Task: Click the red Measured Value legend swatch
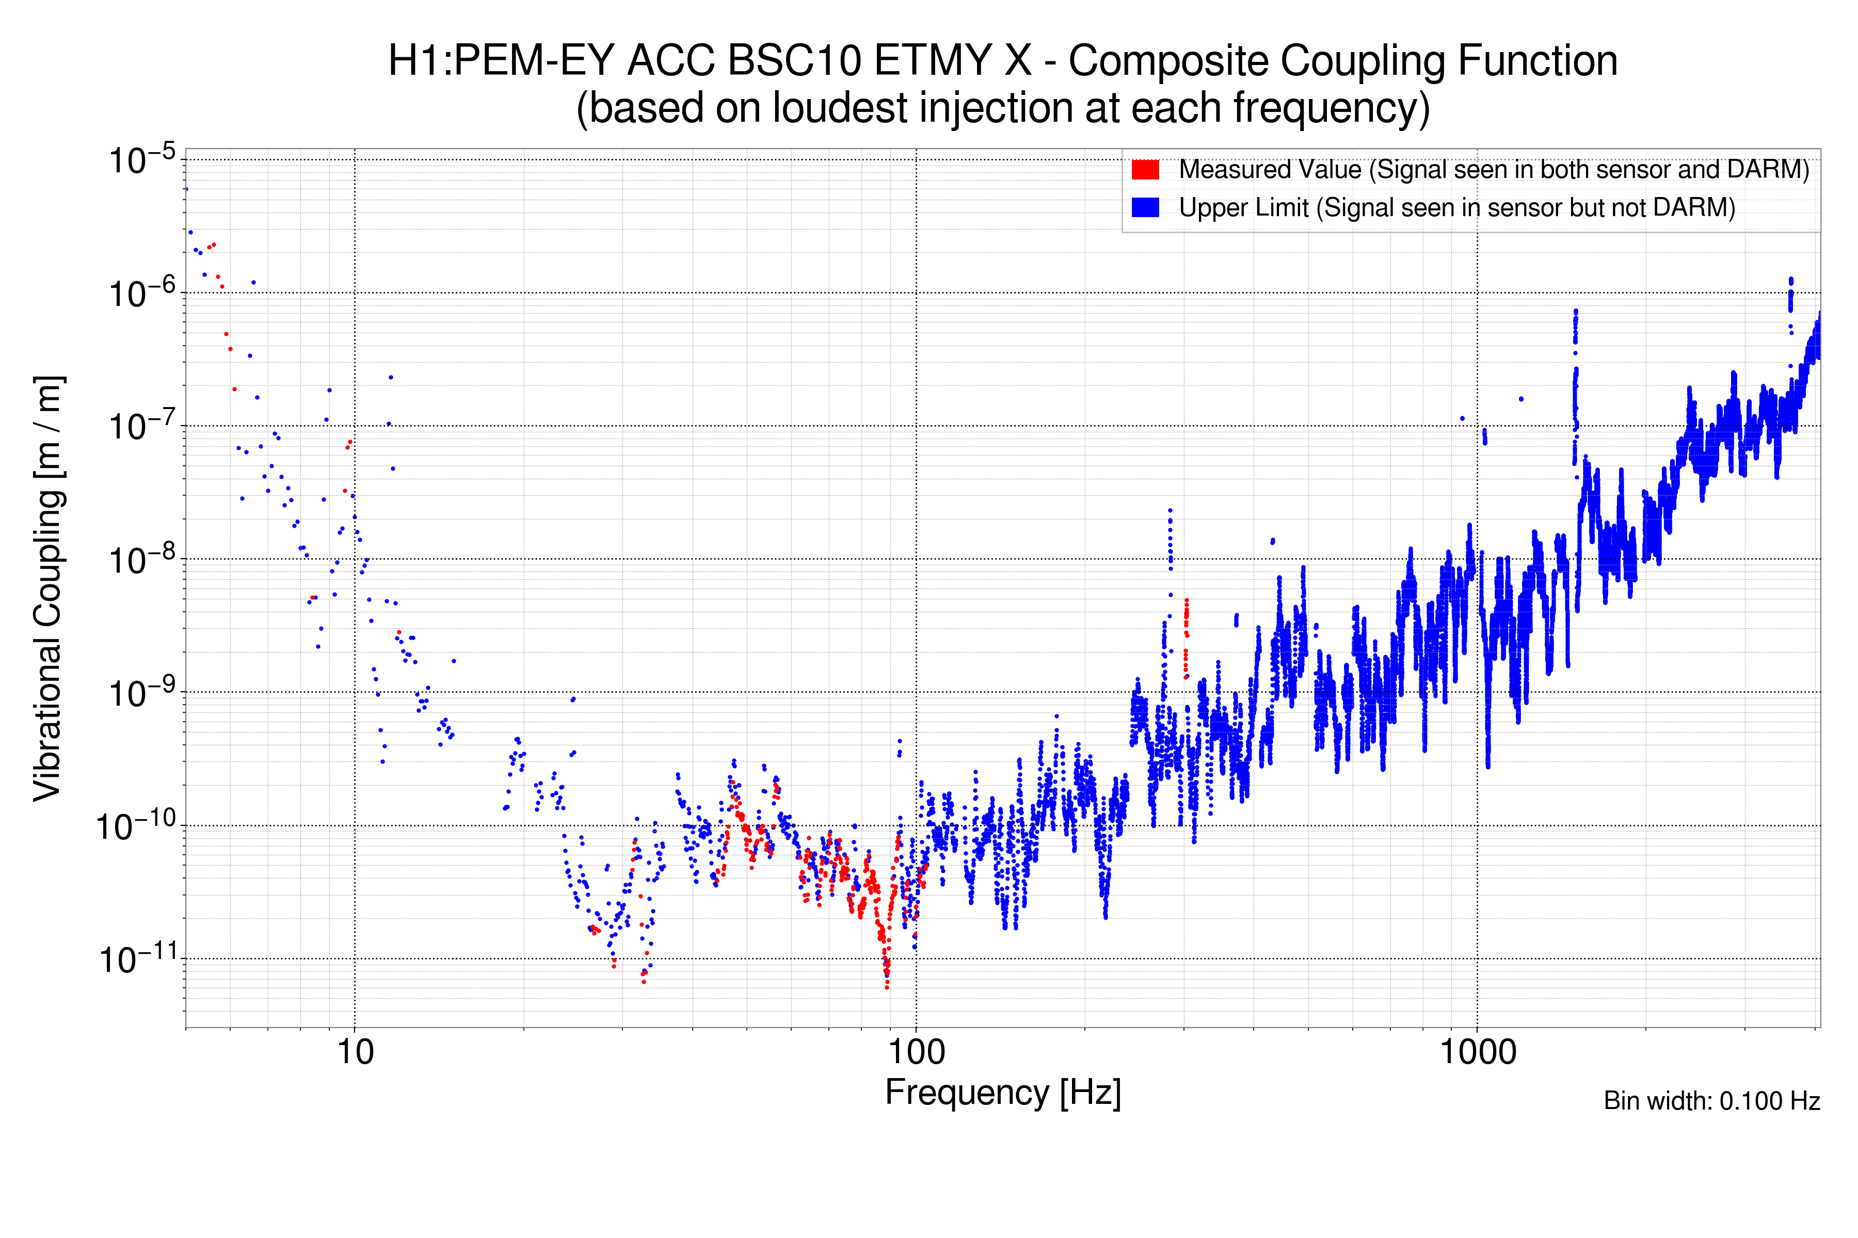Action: tap(1145, 170)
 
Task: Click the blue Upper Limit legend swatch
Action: tap(1145, 208)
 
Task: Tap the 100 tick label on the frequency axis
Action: tap(917, 1052)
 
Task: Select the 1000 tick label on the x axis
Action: tap(1477, 1052)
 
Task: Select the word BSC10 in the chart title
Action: tap(794, 61)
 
